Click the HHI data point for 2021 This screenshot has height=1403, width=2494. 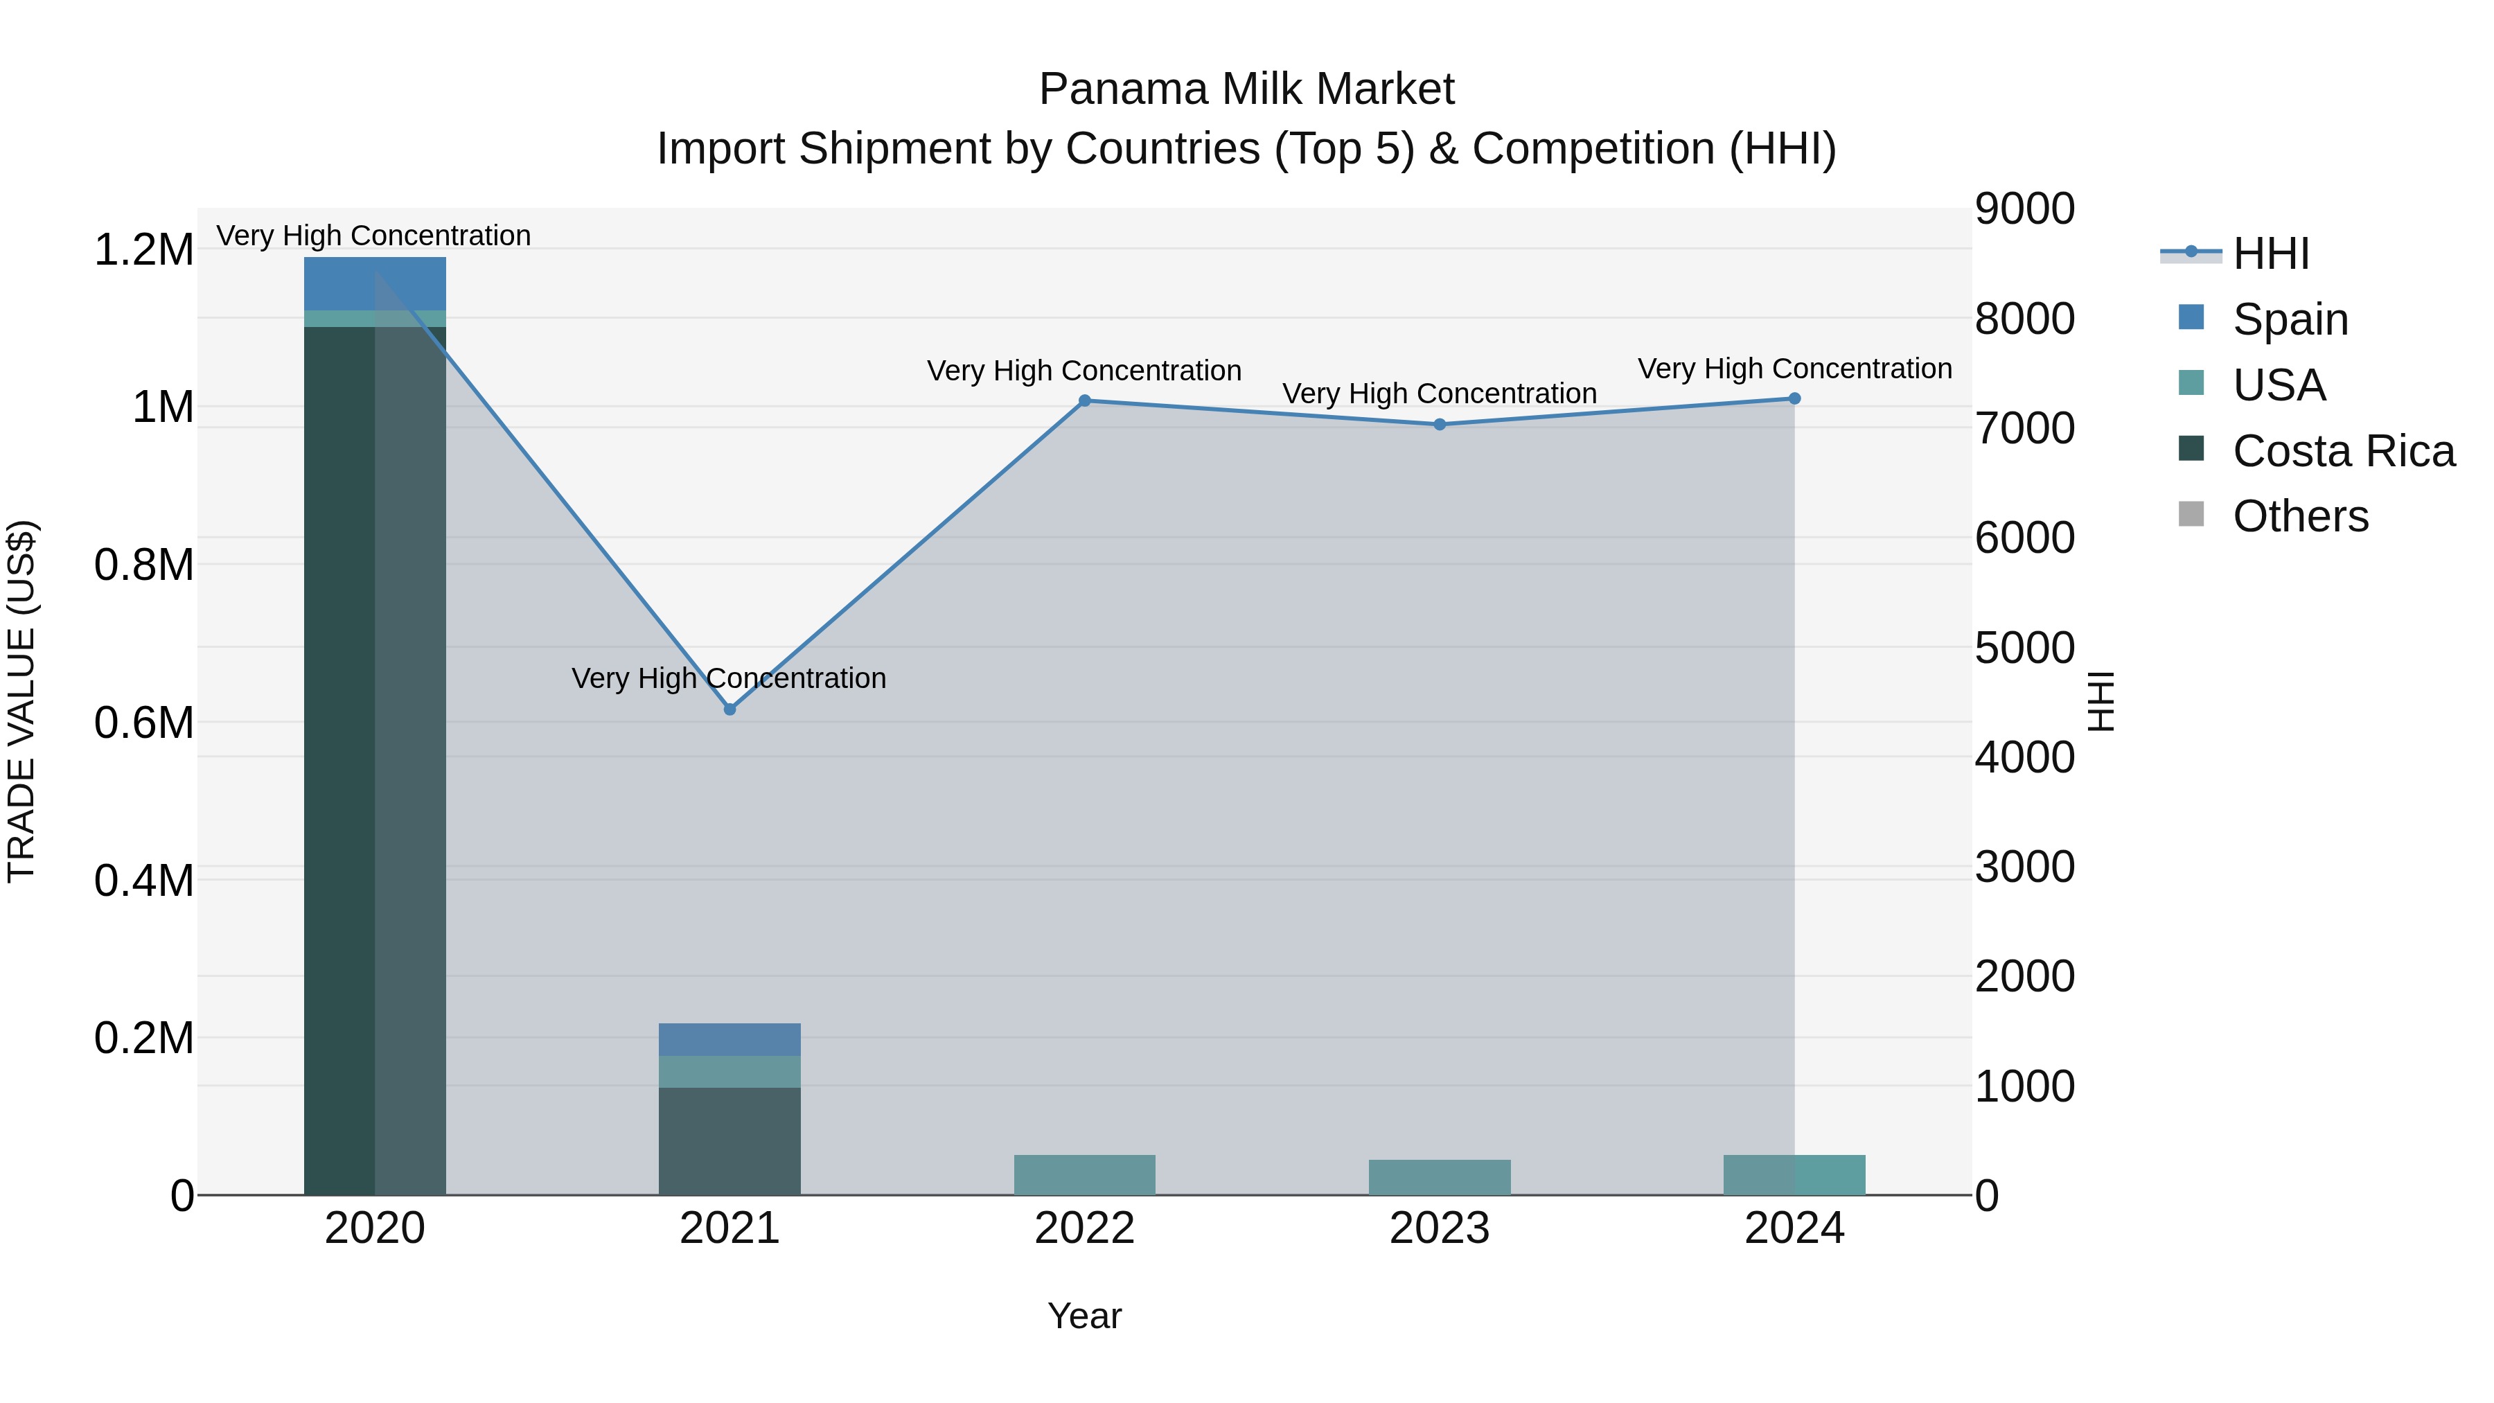coord(730,709)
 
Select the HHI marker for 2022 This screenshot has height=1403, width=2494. coord(1084,401)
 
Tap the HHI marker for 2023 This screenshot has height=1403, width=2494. coord(1440,424)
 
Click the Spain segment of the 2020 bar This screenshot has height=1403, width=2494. coord(375,283)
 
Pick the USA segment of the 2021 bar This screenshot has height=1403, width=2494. coord(730,1072)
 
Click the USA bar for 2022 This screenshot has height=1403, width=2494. coord(1084,1174)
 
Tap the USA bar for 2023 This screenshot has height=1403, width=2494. coord(1440,1177)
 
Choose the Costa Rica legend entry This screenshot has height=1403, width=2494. coord(2343,451)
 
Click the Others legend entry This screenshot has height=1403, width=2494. coord(2300,517)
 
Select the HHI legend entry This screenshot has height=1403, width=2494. coord(2270,254)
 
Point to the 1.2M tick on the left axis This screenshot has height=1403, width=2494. coord(143,250)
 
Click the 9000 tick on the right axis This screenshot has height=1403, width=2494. coord(2024,209)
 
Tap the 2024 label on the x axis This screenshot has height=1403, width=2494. coord(1794,1228)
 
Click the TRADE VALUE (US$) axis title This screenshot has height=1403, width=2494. coord(21,701)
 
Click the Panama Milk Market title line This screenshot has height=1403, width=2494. coord(1246,89)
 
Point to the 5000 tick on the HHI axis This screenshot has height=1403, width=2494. coord(2024,648)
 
